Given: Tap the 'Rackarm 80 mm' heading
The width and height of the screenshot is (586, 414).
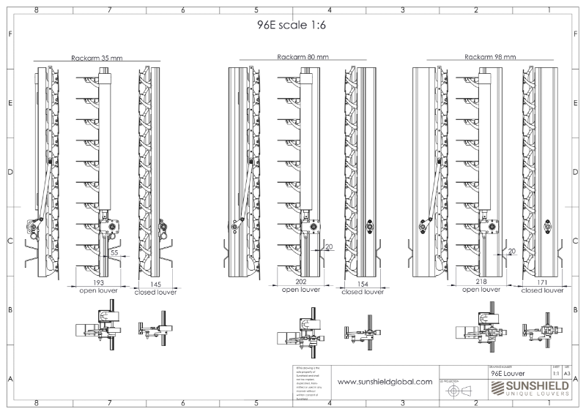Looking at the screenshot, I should tap(303, 56).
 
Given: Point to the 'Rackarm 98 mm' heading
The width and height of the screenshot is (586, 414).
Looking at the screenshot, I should tap(490, 56).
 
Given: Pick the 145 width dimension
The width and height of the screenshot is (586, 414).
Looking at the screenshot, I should tap(156, 284).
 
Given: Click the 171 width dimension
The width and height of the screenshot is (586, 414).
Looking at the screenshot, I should tap(544, 282).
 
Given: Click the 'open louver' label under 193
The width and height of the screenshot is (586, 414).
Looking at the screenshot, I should tap(99, 290).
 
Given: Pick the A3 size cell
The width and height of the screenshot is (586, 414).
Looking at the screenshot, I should tap(567, 372).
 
